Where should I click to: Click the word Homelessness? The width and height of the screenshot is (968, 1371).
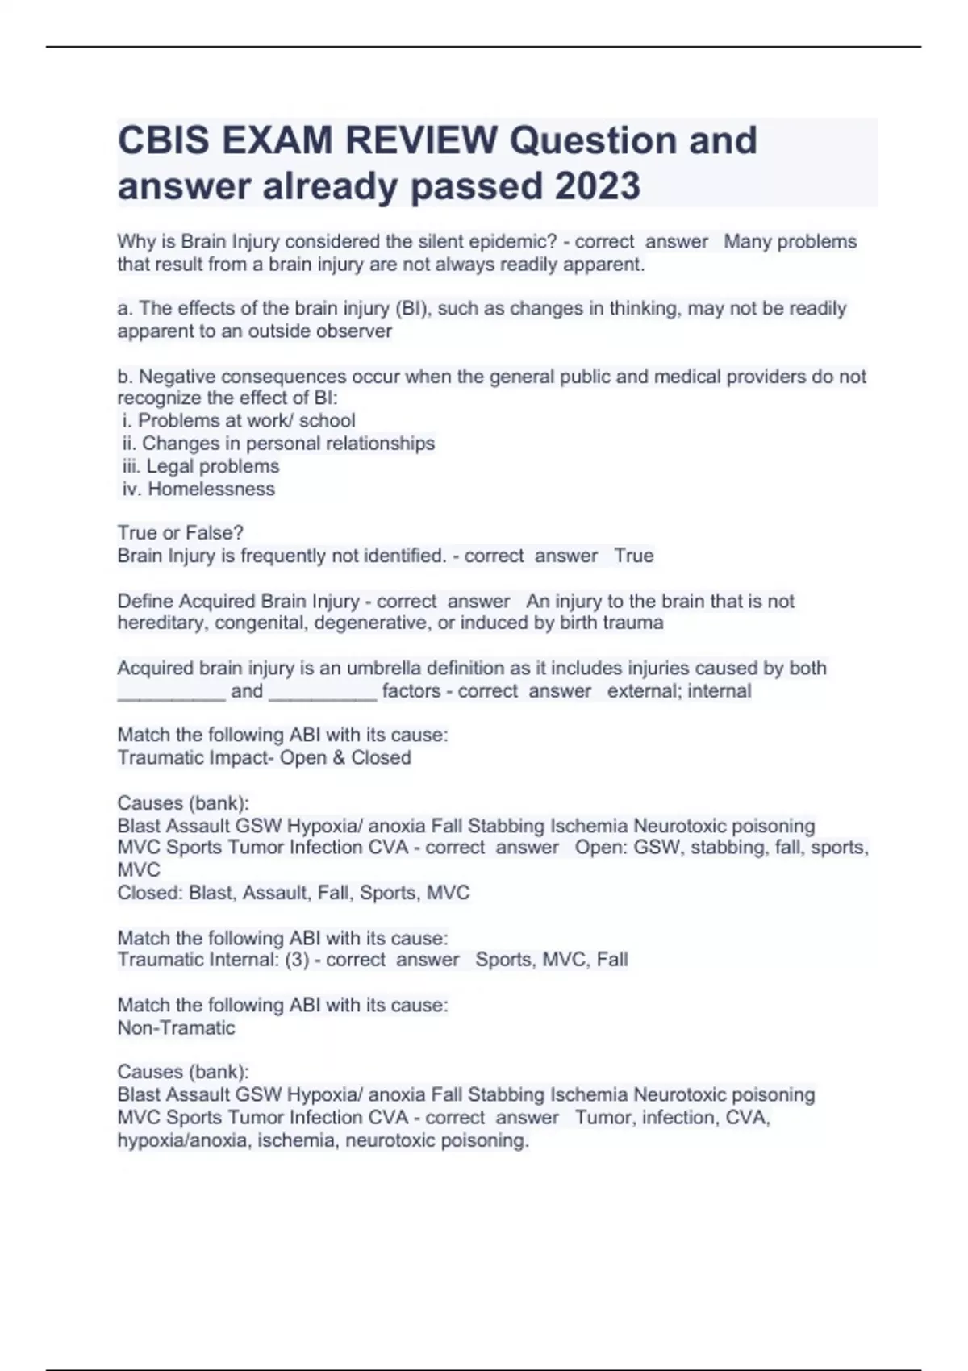(x=211, y=489)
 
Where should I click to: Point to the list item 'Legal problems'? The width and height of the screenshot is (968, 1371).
(x=212, y=466)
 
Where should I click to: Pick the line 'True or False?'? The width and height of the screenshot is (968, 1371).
(x=181, y=533)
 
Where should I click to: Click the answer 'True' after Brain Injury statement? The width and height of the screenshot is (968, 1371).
(x=634, y=556)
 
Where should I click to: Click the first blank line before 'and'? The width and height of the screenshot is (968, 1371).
(x=171, y=691)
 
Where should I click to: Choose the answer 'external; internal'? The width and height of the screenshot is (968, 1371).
(x=679, y=691)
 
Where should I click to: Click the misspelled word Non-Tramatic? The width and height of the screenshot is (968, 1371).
(x=176, y=1028)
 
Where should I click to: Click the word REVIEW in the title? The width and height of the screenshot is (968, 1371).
(x=422, y=140)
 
